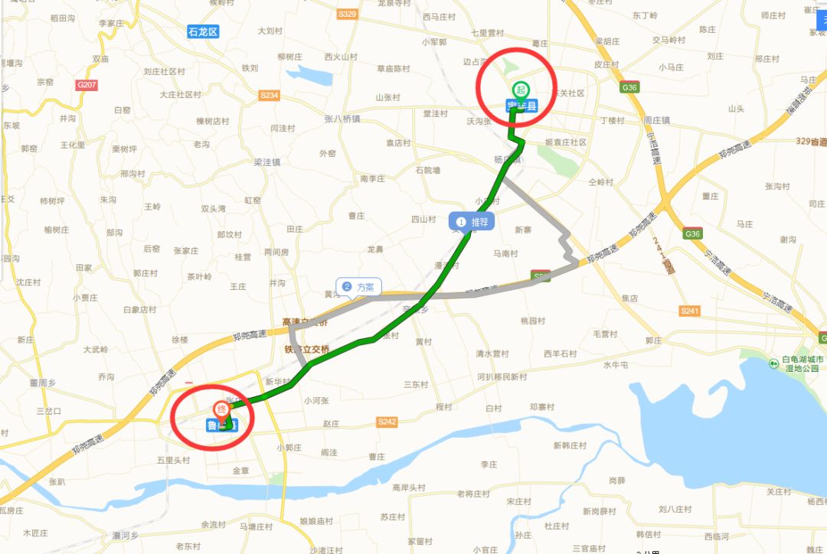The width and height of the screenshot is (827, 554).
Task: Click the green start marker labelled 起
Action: (521, 90)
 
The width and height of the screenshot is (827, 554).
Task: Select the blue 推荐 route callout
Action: (472, 222)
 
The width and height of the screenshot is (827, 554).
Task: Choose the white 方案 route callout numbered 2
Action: (359, 288)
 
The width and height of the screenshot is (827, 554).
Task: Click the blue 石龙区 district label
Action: (203, 31)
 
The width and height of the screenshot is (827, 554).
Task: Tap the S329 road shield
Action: (348, 14)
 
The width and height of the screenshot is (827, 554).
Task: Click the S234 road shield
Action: (270, 96)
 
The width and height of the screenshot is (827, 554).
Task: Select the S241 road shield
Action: (690, 311)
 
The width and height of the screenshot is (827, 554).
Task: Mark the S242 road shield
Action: (387, 422)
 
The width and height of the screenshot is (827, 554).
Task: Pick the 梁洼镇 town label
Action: (267, 162)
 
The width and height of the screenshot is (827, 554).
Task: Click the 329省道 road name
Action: (810, 142)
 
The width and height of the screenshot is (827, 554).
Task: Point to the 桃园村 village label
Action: (534, 320)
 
